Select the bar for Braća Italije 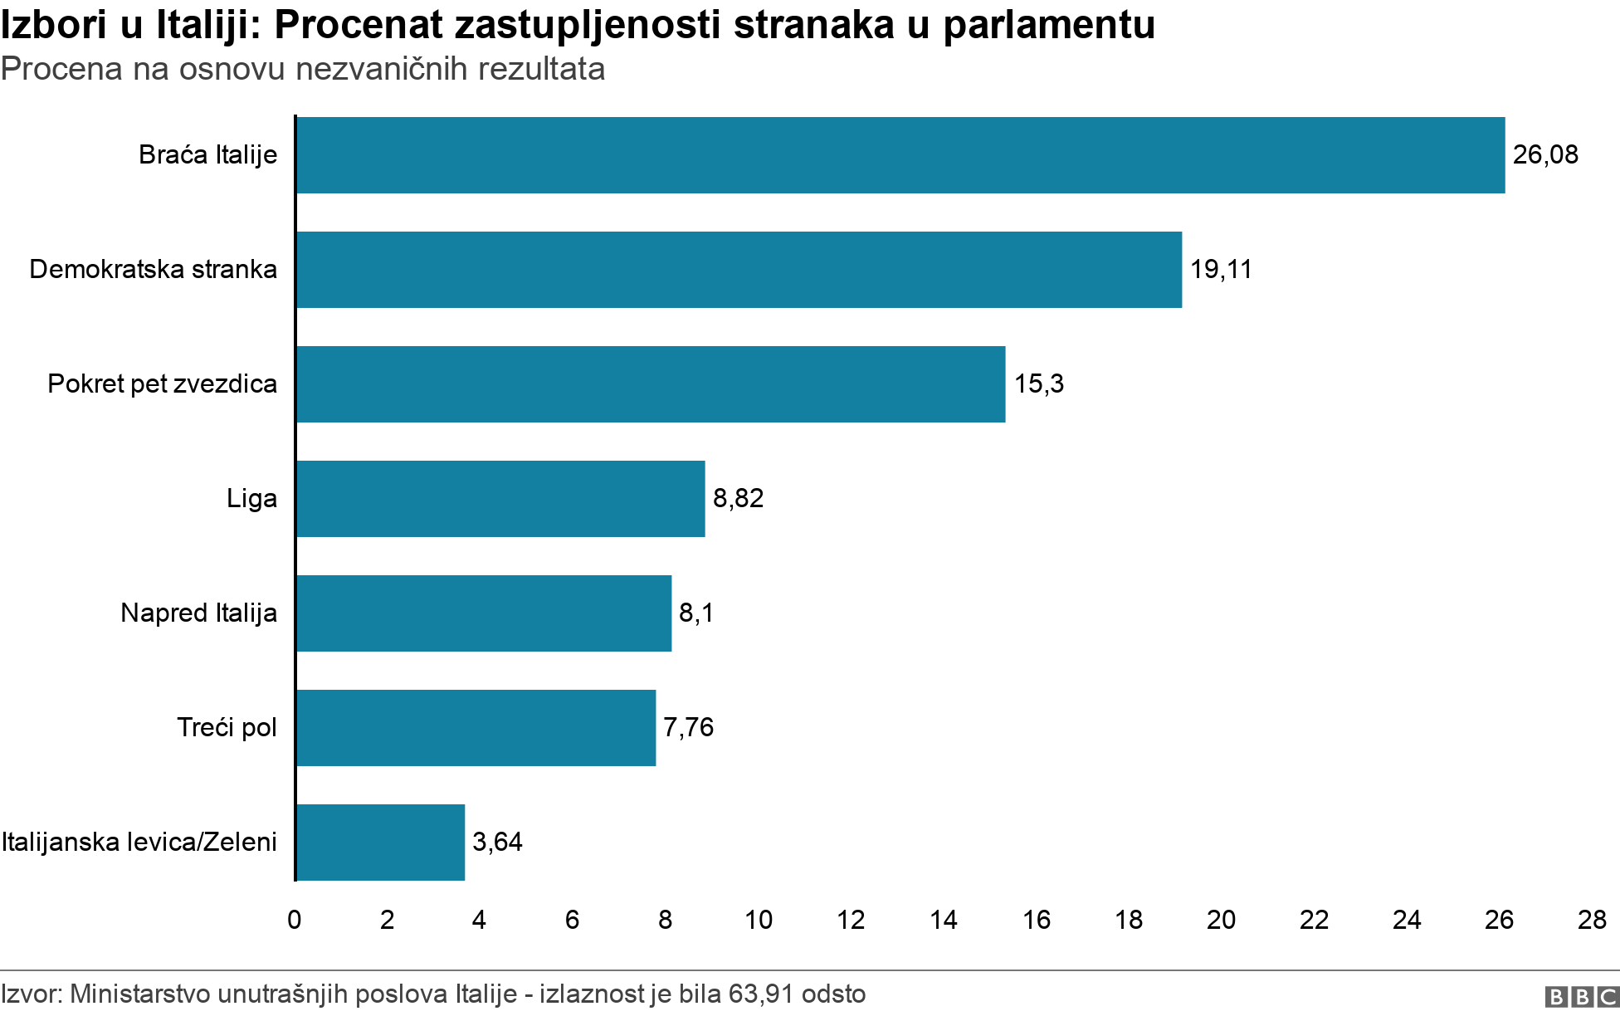tap(900, 155)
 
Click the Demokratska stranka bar tap(739, 270)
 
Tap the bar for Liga tap(500, 499)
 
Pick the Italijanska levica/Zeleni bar tap(380, 843)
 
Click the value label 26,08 tap(1545, 155)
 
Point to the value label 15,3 tap(1038, 384)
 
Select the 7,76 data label tap(688, 728)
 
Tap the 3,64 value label tap(497, 843)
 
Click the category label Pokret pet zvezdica tap(162, 384)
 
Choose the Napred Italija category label tap(198, 613)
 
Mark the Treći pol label tap(227, 728)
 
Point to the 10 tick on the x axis tap(759, 920)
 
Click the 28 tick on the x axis tap(1592, 920)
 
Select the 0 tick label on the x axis tap(295, 920)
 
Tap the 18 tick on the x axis tap(1129, 920)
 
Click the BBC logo tap(1582, 997)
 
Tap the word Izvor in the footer tap(30, 994)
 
